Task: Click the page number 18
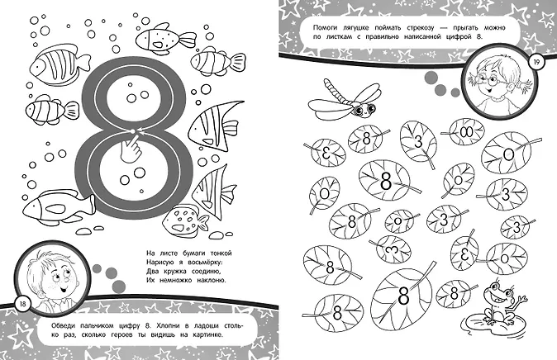coord(23,304)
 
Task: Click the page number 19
coord(536,62)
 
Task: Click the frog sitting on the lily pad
coord(502,301)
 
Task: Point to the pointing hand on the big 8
coord(130,149)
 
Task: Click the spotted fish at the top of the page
coord(165,38)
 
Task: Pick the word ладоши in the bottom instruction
coord(206,326)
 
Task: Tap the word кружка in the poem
coord(174,272)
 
